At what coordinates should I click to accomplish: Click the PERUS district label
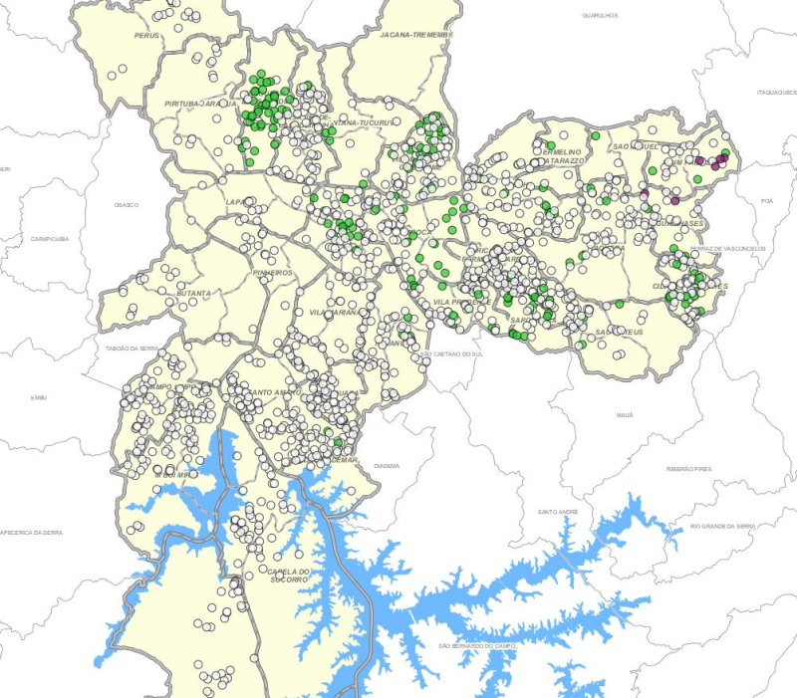(147, 35)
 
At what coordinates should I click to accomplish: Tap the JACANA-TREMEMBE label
(416, 34)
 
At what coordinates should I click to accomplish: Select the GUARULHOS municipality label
(600, 16)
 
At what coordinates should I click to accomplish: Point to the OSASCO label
(127, 204)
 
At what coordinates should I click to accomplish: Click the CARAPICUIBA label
(49, 239)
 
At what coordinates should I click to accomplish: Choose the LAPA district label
(237, 202)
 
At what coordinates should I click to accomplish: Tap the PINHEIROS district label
(273, 272)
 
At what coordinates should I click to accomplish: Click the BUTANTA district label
(193, 294)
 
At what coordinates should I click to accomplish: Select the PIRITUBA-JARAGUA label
(200, 104)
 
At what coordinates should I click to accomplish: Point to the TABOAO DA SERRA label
(133, 349)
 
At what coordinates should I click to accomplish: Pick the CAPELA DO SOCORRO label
(290, 575)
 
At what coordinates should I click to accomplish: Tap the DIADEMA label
(387, 465)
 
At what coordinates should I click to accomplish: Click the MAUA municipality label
(625, 414)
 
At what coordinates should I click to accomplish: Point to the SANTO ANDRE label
(558, 512)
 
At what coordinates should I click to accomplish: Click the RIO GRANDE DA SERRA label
(722, 525)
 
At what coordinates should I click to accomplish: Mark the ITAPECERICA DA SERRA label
(32, 533)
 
